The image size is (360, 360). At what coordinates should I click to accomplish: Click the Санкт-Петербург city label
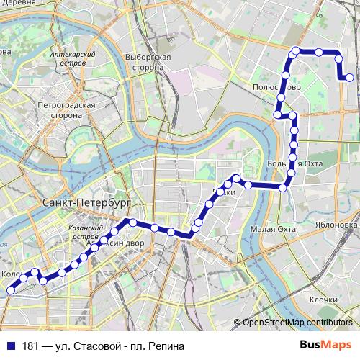[x=75, y=203]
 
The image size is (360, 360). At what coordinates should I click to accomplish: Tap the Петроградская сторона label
[x=66, y=109]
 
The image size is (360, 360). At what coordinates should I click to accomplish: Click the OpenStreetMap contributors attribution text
[x=297, y=322]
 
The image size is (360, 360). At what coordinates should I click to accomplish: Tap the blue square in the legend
[x=9, y=346]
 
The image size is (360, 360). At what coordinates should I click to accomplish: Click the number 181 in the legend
[x=32, y=346]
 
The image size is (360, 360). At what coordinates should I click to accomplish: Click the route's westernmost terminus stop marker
[x=11, y=289]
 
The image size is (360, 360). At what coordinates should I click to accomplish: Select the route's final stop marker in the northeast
[x=349, y=78]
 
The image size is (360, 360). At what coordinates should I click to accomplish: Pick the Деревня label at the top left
[x=19, y=4]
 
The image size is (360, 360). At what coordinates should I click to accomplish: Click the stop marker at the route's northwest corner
[x=294, y=50]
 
